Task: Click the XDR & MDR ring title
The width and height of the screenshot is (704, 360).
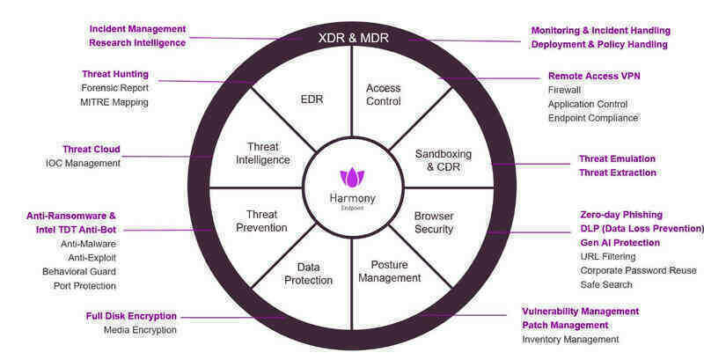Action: click(352, 38)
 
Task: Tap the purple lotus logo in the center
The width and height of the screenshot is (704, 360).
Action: click(352, 176)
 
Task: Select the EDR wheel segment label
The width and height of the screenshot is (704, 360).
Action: click(312, 99)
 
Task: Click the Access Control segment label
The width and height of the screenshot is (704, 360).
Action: click(384, 94)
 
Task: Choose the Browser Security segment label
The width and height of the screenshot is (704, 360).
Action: click(434, 222)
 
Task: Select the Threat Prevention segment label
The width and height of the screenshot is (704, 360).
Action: click(262, 220)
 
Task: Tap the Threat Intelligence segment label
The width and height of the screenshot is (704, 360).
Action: click(262, 153)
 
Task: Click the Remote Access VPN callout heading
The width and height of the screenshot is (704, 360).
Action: click(594, 76)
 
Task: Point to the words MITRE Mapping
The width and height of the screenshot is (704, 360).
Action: click(114, 102)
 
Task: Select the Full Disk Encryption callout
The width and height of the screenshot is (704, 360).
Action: click(131, 316)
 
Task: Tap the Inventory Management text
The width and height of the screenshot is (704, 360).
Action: click(570, 339)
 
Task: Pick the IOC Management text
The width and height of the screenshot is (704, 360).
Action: click(83, 163)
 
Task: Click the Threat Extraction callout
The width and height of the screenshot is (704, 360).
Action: click(617, 173)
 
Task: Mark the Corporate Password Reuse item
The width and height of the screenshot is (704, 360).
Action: click(638, 270)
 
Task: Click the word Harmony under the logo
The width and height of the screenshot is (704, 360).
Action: click(352, 197)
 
